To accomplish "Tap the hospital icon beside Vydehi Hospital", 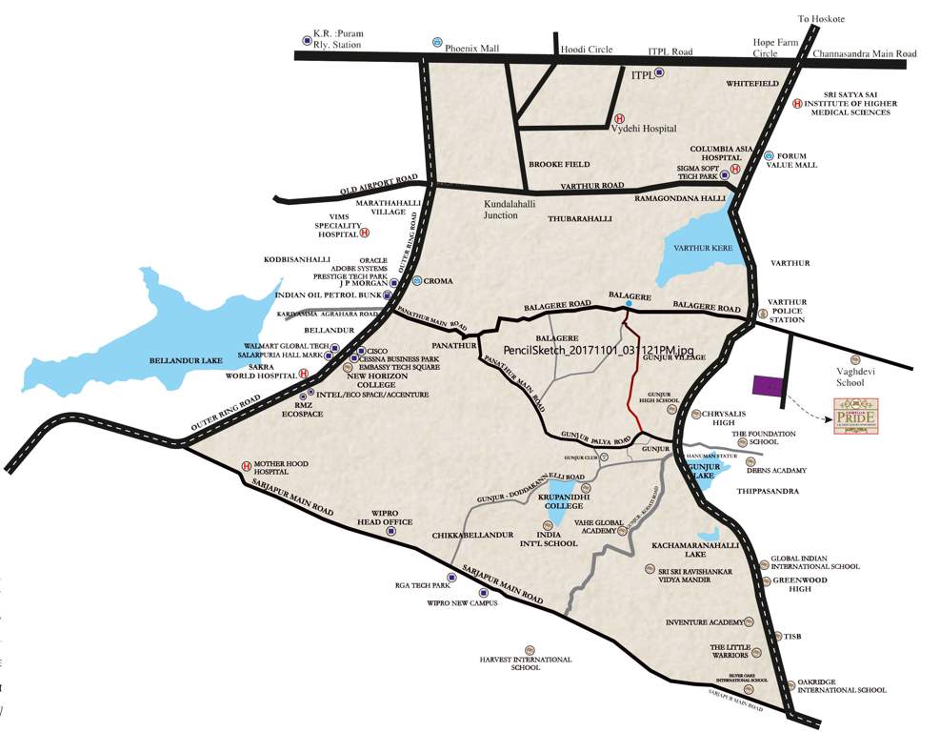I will [x=617, y=113].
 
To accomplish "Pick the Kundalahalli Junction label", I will [x=513, y=209].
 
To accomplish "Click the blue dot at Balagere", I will [x=628, y=303].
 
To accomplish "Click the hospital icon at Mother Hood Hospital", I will [x=246, y=466].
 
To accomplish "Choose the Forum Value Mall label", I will [x=797, y=159].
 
